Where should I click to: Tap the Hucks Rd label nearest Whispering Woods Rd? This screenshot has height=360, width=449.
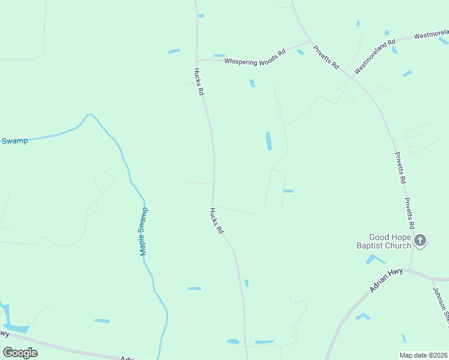199,82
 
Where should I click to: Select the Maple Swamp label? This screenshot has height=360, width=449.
144,232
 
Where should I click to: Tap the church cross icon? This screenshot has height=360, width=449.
420,241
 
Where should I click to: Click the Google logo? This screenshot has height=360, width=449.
20,353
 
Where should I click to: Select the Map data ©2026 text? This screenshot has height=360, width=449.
423,355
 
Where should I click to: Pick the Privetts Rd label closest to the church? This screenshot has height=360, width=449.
409,214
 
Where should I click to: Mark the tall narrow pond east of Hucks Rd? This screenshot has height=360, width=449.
268,141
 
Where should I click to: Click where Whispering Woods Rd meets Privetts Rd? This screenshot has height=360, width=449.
311,42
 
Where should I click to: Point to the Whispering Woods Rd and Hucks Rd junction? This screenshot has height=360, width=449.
197,61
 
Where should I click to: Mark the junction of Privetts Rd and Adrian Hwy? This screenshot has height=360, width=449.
411,269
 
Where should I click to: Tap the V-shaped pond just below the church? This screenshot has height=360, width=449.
375,259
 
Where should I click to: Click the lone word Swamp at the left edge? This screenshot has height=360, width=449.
14,141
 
